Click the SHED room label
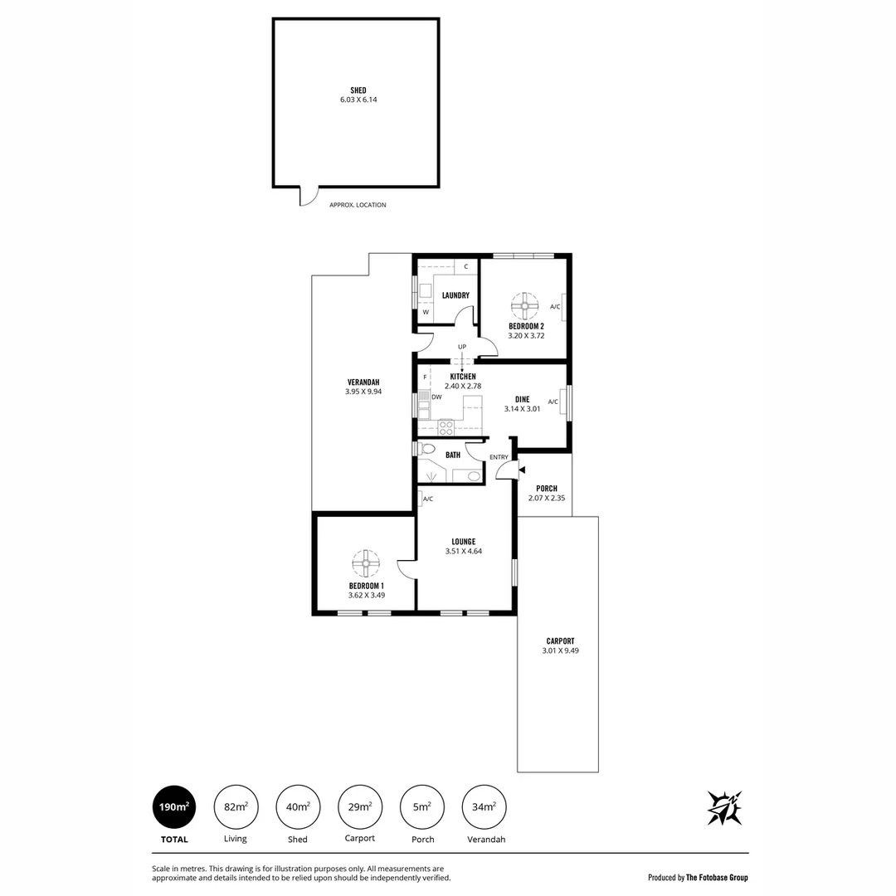358,90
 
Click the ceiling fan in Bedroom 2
524,306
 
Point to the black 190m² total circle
175,806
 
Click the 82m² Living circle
236,806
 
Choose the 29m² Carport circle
359,806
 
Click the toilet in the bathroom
426,449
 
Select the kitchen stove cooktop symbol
446,428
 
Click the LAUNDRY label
455,295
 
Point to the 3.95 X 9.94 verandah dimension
363,392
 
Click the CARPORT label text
560,640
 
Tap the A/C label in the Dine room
553,402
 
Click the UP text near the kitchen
462,347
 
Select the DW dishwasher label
436,397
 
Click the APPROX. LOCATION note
358,205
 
